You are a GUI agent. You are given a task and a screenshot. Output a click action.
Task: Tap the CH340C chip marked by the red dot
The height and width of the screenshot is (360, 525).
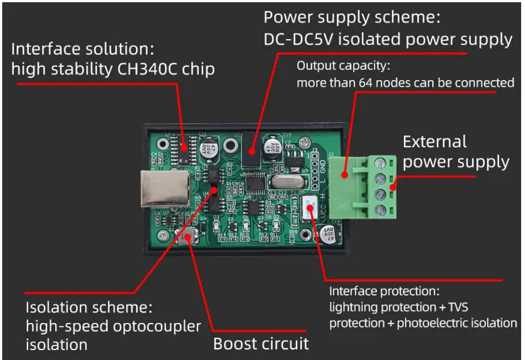(185, 147)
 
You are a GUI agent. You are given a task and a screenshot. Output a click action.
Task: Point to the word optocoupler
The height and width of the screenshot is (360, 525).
(156, 326)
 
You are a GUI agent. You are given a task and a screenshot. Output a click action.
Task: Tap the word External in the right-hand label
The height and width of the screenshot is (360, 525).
(434, 142)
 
